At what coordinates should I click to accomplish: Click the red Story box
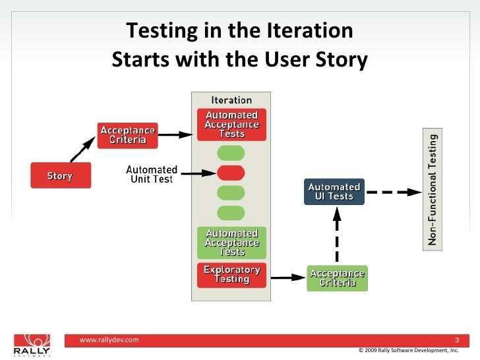[60, 176]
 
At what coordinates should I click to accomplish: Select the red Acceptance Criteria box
[128, 135]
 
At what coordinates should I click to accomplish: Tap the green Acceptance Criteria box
[337, 278]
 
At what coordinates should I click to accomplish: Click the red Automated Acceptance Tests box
[231, 125]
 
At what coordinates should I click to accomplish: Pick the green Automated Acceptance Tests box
[231, 243]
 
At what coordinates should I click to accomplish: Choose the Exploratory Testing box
[231, 274]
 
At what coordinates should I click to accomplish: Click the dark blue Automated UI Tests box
[334, 191]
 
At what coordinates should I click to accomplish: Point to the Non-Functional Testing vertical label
[433, 189]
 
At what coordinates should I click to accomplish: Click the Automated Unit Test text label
[152, 175]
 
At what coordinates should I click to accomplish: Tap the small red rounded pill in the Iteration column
[231, 173]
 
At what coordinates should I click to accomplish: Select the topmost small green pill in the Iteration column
[231, 153]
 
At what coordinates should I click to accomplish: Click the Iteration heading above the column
[231, 100]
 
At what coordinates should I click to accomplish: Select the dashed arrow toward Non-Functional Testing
[393, 192]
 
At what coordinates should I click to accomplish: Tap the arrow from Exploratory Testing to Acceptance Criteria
[286, 278]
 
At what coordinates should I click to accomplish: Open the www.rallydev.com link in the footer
[109, 340]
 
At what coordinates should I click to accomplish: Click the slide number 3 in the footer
[457, 340]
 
